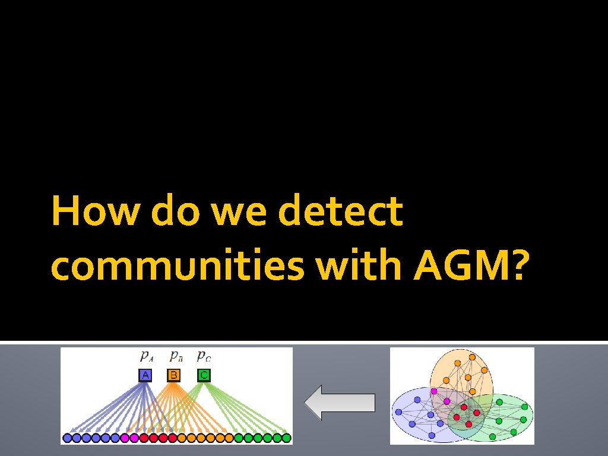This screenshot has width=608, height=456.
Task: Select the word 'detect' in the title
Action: pyautogui.click(x=340, y=212)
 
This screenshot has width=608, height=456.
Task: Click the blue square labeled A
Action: pyautogui.click(x=145, y=375)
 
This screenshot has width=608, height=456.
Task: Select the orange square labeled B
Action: pyautogui.click(x=174, y=375)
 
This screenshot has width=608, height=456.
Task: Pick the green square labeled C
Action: pyautogui.click(x=204, y=375)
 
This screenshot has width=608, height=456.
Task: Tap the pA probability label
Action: pyautogui.click(x=146, y=357)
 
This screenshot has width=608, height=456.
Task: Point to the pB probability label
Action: pyautogui.click(x=175, y=357)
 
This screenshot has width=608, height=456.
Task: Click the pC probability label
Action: pyautogui.click(x=204, y=357)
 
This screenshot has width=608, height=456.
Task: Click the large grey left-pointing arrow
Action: pyautogui.click(x=340, y=402)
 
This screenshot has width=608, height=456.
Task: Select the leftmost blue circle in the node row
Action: pyautogui.click(x=67, y=438)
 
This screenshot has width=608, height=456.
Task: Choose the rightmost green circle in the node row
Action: pyautogui.click(x=286, y=438)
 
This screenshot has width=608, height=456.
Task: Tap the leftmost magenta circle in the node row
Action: pyautogui.click(x=125, y=438)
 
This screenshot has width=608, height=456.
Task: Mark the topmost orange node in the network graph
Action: pyautogui.click(x=472, y=357)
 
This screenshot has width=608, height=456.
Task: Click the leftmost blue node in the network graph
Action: pyautogui.click(x=398, y=412)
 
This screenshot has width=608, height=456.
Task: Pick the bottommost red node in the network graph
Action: pyautogui.click(x=469, y=424)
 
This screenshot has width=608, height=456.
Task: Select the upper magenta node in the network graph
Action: pyautogui.click(x=434, y=391)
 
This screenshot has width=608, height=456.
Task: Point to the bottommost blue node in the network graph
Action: pyautogui.click(x=432, y=435)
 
